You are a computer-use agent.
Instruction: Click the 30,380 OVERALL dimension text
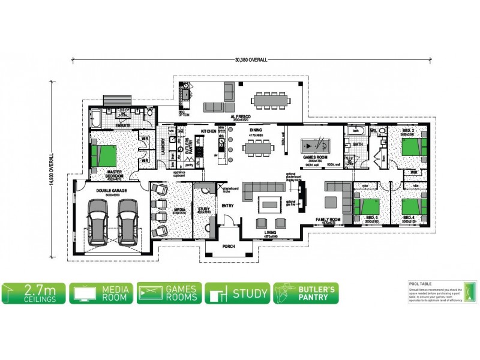coord(251,60)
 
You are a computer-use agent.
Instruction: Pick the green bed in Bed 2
coord(412,145)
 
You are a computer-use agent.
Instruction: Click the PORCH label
coord(227,247)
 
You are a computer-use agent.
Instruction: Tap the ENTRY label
coord(227,206)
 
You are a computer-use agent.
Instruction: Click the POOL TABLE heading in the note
coord(420,284)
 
